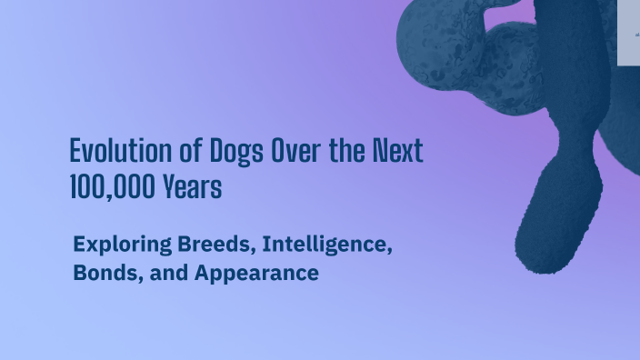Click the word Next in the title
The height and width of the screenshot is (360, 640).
coord(397,151)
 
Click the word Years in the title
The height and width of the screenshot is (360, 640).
coord(193,187)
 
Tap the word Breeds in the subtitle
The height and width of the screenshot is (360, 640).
coord(212,244)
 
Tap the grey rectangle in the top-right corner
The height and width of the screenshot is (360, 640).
coord(629,33)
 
